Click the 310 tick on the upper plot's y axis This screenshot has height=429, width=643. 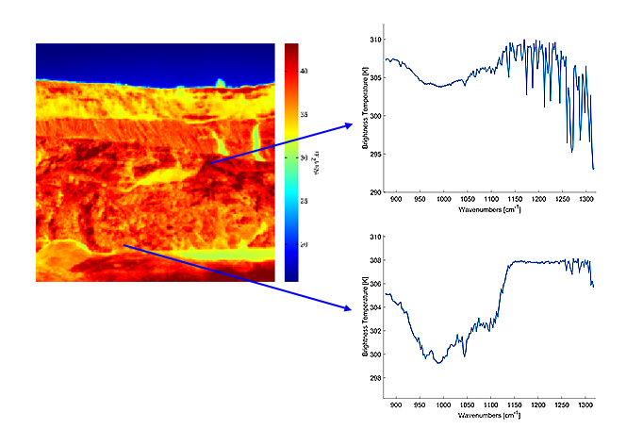[x=376, y=40]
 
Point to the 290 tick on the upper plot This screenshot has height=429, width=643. [x=376, y=193]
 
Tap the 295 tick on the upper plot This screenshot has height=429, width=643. [x=376, y=155]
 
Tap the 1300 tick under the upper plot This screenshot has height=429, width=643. [x=585, y=201]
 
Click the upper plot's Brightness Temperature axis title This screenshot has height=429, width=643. [x=365, y=116]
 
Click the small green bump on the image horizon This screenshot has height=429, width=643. [x=220, y=83]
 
